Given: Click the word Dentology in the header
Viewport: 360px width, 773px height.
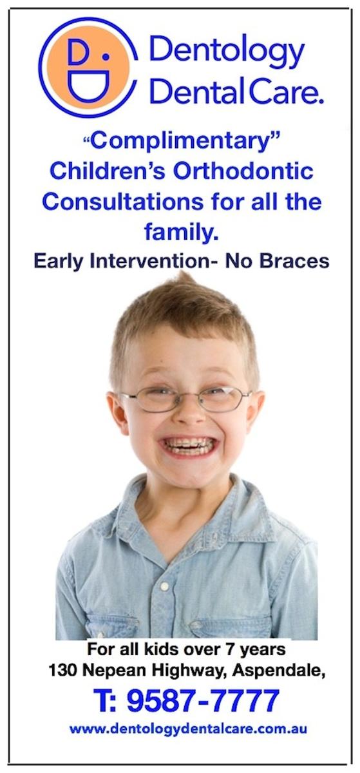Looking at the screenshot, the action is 227,50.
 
